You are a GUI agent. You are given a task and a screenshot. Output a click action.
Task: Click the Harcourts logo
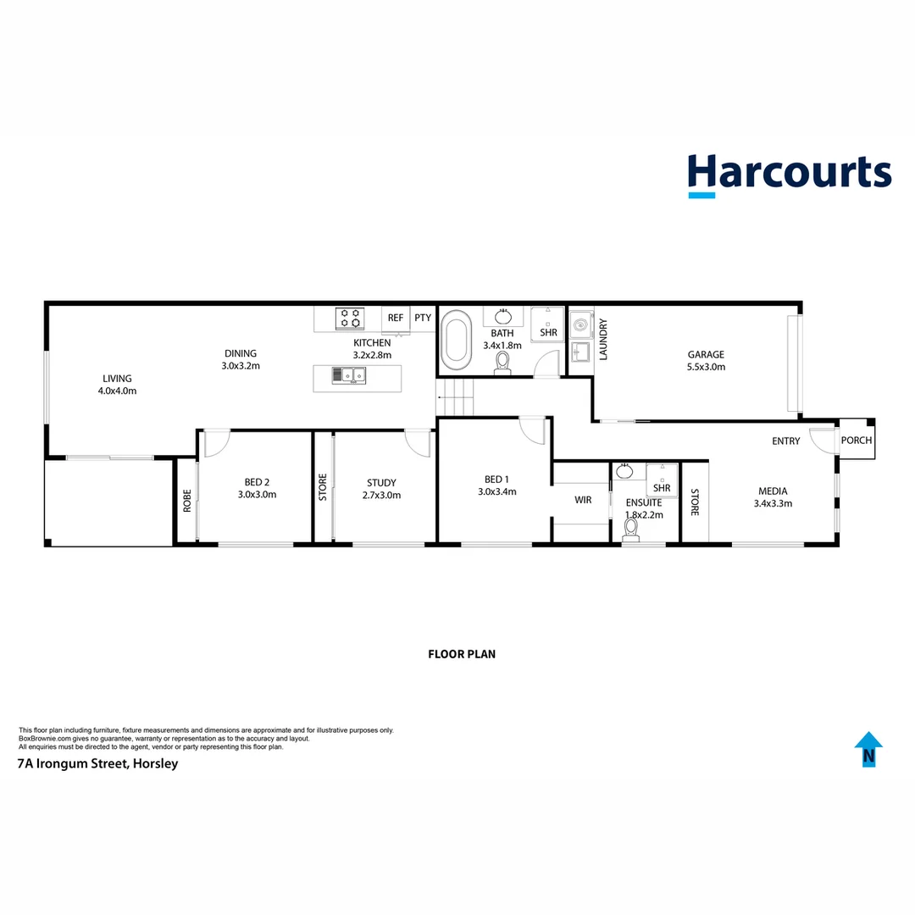tap(789, 174)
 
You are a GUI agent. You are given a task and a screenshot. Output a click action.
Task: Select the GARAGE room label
tap(706, 355)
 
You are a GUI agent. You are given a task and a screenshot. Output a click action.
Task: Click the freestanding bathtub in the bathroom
tap(457, 341)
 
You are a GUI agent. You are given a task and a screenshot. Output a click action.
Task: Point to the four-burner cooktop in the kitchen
tap(349, 319)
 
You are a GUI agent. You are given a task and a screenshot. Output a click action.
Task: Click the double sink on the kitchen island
tap(348, 374)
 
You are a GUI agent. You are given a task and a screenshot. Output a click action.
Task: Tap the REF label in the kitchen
tap(396, 319)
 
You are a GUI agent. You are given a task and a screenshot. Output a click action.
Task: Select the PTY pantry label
tap(423, 319)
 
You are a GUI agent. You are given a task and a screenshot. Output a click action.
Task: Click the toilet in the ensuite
tap(630, 530)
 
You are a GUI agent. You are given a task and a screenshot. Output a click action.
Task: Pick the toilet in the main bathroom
tap(503, 362)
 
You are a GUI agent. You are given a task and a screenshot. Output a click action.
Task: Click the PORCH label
tap(856, 441)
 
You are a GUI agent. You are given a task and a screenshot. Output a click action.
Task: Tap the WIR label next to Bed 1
tap(583, 501)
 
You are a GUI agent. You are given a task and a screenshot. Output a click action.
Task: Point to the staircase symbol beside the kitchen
tap(457, 398)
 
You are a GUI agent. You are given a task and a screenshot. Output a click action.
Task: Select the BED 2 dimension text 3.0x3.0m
tap(258, 495)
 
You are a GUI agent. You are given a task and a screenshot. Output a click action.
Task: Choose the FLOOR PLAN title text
tap(462, 654)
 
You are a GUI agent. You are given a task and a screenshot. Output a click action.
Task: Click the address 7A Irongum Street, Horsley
tap(98, 763)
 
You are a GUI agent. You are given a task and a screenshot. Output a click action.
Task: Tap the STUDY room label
tap(381, 483)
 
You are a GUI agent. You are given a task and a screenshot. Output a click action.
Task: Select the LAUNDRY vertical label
tap(604, 340)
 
